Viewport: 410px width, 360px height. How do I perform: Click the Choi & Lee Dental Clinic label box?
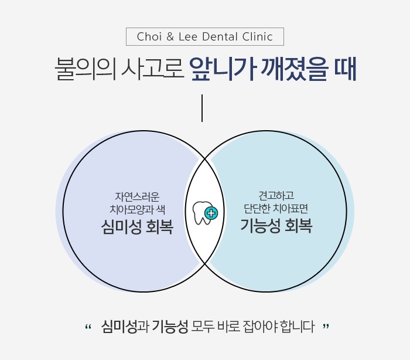(205, 36)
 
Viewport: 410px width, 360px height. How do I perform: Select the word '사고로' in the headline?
(151, 70)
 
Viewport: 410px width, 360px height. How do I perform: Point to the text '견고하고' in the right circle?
(276, 195)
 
